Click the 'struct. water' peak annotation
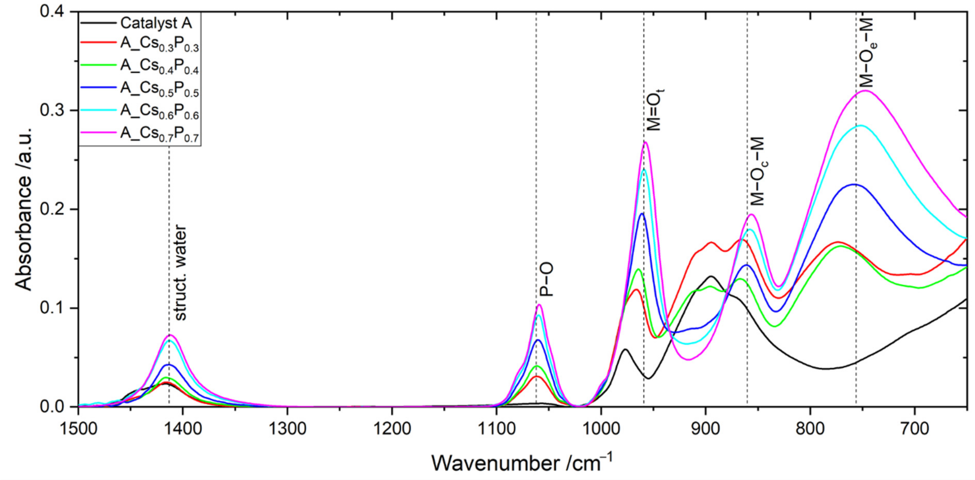coord(181,272)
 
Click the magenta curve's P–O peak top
coord(539,304)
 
